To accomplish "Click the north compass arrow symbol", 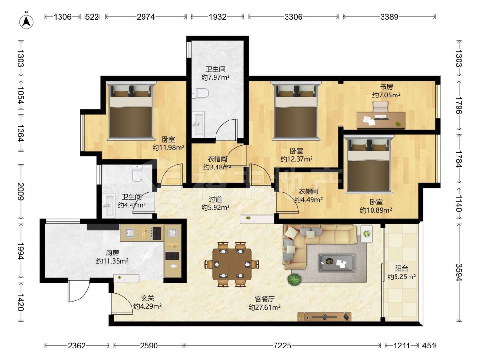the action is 26,21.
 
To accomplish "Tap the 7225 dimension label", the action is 282,346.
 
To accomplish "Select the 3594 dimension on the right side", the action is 459,273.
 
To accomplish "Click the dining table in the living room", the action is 232,264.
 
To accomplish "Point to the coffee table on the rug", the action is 337,263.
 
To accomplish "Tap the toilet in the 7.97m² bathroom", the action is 201,93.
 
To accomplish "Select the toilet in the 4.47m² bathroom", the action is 137,173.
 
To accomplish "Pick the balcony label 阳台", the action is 401,269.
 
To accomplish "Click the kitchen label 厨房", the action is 112,253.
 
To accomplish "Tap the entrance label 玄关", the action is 147,298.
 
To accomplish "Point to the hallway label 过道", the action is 215,199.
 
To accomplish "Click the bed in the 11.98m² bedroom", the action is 131,110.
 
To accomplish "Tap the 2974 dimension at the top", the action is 145,17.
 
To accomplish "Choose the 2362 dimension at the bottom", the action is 76,346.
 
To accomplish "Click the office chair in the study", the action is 380,108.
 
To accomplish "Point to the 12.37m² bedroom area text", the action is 296,159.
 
